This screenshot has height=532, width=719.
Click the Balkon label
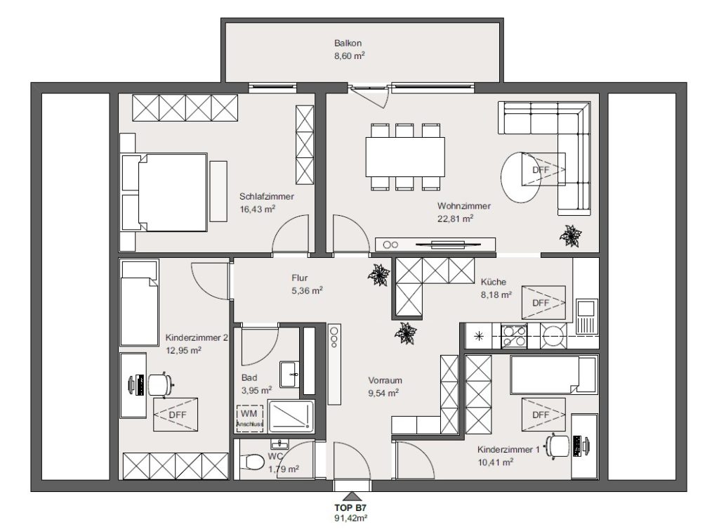point(348,43)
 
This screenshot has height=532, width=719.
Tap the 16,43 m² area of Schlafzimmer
point(257,209)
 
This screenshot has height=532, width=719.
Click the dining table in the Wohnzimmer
point(405,157)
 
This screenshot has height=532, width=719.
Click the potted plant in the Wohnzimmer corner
point(571,236)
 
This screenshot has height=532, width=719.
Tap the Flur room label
point(299,278)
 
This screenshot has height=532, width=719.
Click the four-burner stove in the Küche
point(514,336)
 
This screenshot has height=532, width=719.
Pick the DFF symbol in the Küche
point(543,302)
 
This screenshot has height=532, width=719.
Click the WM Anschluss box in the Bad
point(250,418)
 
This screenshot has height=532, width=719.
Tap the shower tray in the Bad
point(291,416)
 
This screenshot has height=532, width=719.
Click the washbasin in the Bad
point(289,374)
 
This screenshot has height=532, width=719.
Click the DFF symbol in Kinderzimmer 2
point(176,415)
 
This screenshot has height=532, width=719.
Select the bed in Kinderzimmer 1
point(553,375)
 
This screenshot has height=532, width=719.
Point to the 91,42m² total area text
point(351,518)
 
